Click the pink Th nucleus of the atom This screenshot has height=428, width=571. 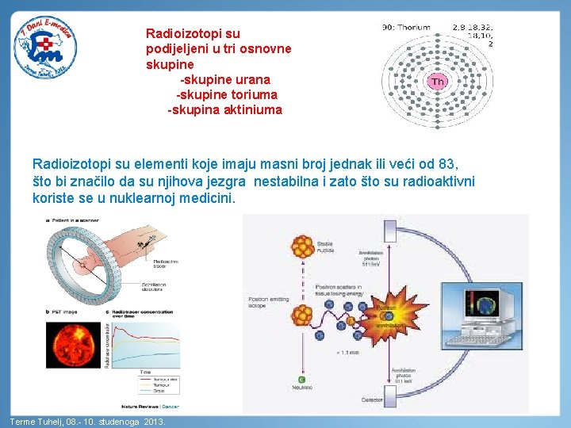coord(438,82)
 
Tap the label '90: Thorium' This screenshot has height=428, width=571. coord(407,27)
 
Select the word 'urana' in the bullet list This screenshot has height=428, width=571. coord(253,79)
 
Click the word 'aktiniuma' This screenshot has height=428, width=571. coord(255,109)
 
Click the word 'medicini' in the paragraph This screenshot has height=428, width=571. coord(210,198)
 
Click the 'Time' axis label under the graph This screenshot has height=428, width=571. coord(145,371)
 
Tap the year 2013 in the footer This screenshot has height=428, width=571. coord(155,422)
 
